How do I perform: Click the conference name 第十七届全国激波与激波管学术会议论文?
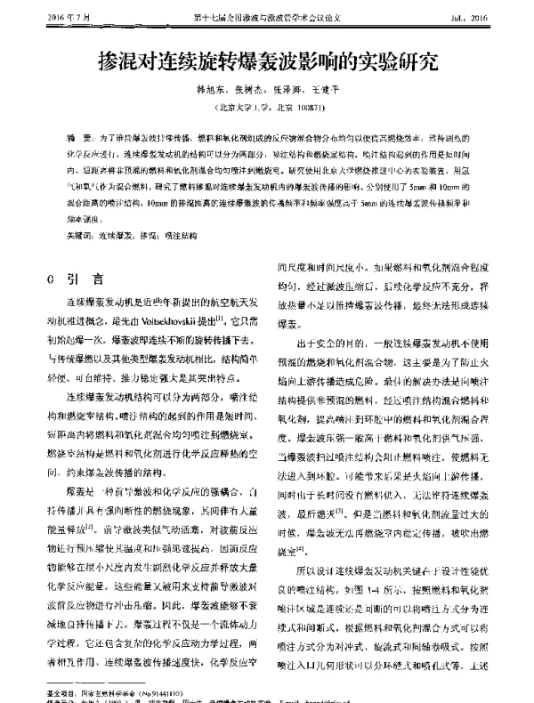tap(267, 17)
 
